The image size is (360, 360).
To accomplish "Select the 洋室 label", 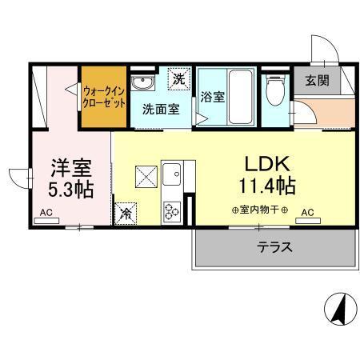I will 71,169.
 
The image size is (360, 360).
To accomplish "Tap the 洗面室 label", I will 160,110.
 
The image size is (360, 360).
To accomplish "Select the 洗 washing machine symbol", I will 180,80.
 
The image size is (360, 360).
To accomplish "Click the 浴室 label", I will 212,98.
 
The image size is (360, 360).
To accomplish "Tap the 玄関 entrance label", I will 312,80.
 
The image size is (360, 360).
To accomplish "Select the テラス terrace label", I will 274,247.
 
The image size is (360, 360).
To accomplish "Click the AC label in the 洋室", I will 46,213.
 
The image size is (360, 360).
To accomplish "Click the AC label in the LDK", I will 307,213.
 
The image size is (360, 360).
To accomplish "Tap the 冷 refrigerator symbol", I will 126,213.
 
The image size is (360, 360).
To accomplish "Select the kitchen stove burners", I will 172,210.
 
